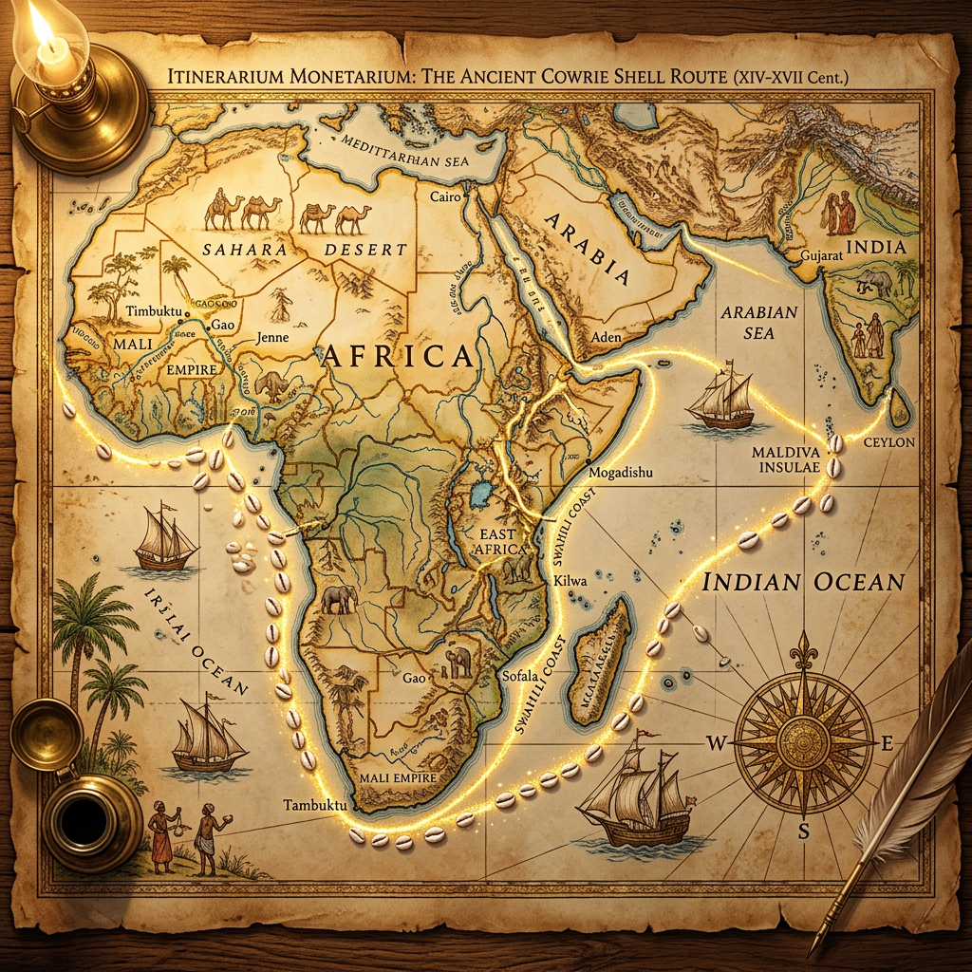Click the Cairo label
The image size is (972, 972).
(x=445, y=197)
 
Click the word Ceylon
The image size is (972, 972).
(x=889, y=442)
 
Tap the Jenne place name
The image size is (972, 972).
(x=272, y=336)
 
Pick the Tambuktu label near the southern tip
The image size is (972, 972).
(x=309, y=805)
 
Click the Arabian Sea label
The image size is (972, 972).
(x=759, y=322)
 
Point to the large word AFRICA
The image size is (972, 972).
(x=398, y=357)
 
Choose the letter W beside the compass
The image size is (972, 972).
(x=715, y=743)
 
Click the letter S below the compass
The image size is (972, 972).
(x=803, y=832)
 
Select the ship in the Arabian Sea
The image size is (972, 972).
(x=720, y=399)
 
